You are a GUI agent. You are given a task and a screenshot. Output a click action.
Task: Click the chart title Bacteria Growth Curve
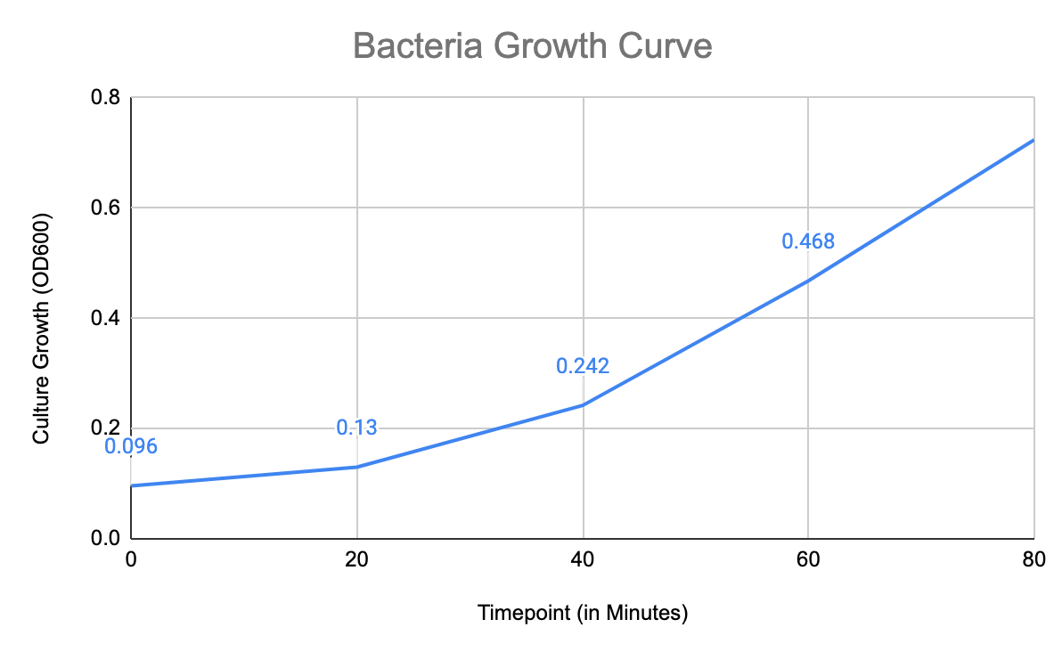tap(532, 45)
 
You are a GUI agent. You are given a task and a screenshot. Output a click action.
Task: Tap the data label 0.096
tap(131, 447)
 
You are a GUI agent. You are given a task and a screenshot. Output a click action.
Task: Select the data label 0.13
tap(356, 428)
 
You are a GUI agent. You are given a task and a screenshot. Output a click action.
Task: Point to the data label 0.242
tap(583, 366)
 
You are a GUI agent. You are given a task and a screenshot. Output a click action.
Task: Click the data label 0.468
tap(808, 241)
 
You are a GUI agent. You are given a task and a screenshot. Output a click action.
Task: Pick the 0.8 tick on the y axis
tap(106, 97)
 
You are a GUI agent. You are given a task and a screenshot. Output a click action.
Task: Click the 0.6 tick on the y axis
tap(106, 208)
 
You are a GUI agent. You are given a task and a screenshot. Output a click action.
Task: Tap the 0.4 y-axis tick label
tap(106, 318)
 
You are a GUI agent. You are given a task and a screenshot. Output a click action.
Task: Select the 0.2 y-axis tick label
tap(106, 428)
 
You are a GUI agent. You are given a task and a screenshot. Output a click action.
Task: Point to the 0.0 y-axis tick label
tap(106, 539)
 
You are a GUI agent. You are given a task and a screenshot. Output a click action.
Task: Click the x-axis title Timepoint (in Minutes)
tap(583, 614)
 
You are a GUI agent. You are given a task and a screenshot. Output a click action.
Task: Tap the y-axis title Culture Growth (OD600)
tap(41, 329)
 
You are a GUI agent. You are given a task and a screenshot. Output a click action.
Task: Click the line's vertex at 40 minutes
tap(583, 405)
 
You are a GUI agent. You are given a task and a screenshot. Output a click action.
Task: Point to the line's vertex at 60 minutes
tap(808, 281)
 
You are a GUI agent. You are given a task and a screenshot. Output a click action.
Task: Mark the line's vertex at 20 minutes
tap(356, 467)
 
